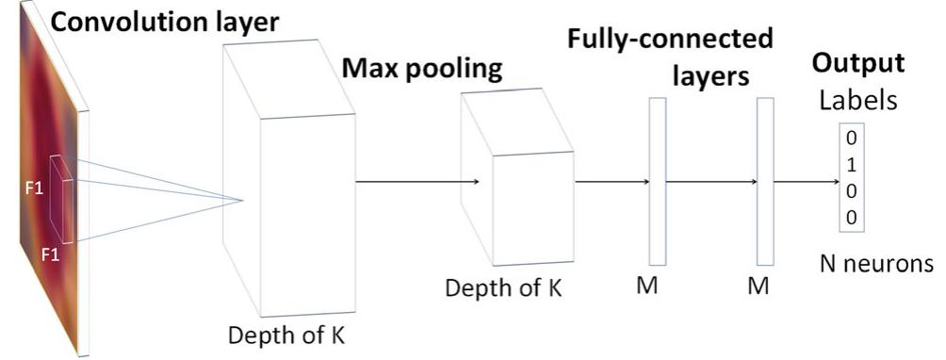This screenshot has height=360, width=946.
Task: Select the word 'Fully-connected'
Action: coord(670,40)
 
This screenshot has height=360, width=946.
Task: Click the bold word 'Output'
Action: coord(858,64)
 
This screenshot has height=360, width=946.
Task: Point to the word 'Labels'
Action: coord(857,100)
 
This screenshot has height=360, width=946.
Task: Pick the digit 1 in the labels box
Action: coord(852,164)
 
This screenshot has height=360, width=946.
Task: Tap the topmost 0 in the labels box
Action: coord(852,138)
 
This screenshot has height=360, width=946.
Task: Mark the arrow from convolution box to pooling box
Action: coord(419,182)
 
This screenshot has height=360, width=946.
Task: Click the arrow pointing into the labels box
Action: coord(806,182)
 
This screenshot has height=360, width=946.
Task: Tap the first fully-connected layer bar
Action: coord(657,180)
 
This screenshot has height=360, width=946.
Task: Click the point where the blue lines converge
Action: coord(244,199)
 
